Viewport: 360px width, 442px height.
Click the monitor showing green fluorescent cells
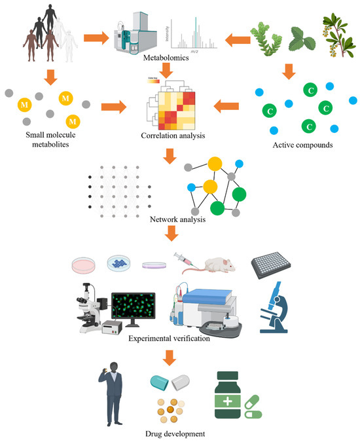click(x=133, y=304)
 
